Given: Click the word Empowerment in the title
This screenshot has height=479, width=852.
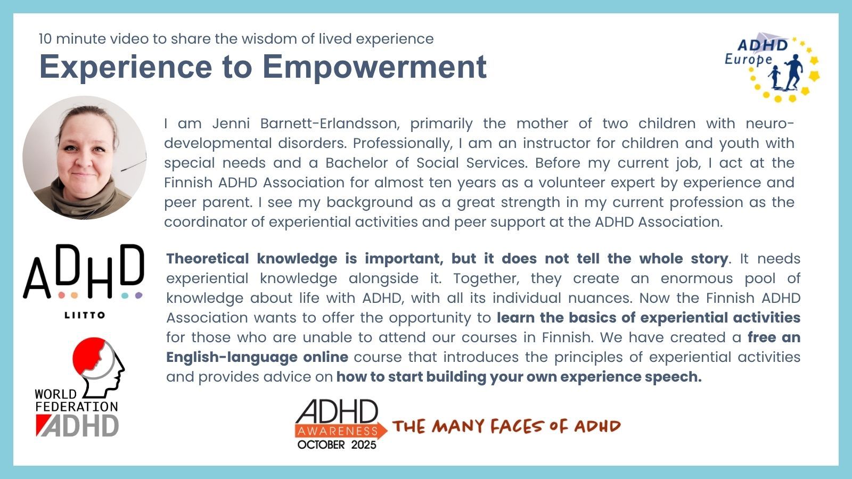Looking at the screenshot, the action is point(374,67).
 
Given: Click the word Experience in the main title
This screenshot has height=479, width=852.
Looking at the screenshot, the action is point(126,67).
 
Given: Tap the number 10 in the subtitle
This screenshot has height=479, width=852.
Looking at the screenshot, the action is point(45,39).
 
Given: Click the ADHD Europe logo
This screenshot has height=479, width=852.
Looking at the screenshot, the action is point(772,67).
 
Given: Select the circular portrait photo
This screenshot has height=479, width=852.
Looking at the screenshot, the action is point(85,158).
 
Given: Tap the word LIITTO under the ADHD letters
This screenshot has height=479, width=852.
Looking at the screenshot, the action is point(85,315).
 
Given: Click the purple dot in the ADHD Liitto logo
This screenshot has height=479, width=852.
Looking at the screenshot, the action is point(138,295).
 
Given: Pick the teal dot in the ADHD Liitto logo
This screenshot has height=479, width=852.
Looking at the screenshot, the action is point(125,295).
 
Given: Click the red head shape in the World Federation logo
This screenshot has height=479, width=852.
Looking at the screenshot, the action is point(89,353).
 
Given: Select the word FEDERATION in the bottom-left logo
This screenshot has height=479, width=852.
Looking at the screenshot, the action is point(77,407).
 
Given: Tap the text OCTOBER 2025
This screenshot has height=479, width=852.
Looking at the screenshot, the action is point(337,445).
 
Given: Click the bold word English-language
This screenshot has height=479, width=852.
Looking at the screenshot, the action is point(232,357).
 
